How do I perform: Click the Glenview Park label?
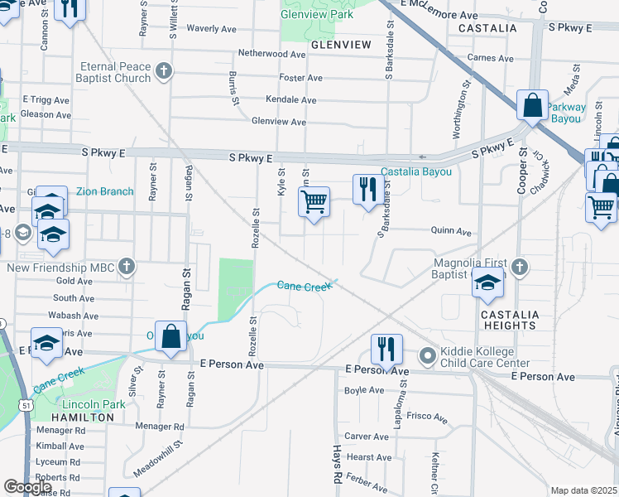click(317, 14)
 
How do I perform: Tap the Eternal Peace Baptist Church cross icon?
click(163, 70)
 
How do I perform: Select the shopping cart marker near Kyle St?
click(314, 202)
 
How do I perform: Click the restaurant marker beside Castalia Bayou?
click(365, 190)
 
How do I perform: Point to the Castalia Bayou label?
click(416, 171)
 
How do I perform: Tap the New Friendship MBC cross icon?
click(126, 267)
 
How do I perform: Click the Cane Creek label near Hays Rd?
click(304, 286)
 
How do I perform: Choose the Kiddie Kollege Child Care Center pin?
click(427, 357)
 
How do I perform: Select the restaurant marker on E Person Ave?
click(385, 349)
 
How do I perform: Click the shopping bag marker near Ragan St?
click(170, 336)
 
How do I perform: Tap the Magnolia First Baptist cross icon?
click(519, 267)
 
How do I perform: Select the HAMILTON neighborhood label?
click(83, 417)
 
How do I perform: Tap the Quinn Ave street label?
click(451, 232)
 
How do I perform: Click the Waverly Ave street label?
click(211, 28)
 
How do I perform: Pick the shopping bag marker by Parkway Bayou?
click(532, 105)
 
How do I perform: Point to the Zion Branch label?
click(104, 191)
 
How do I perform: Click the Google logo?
click(27, 487)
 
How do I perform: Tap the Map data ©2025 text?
click(584, 490)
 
